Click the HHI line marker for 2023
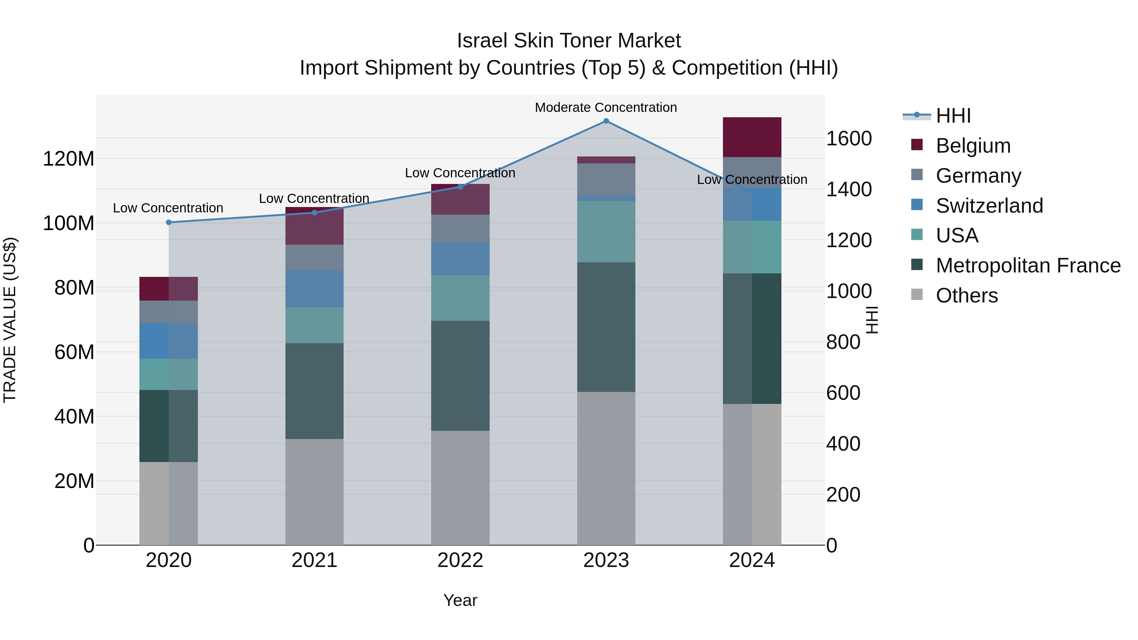[606, 121]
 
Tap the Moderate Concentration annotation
[606, 107]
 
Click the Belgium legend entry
[972, 146]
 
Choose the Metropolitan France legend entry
[1028, 265]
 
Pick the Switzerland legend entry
[989, 206]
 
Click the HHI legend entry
[953, 116]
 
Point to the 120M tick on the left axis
[69, 159]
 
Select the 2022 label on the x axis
[460, 560]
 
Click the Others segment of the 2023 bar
[606, 468]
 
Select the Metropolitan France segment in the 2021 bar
[314, 391]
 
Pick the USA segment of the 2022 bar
[460, 298]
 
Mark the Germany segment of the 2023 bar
[606, 179]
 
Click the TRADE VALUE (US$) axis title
[10, 320]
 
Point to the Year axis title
[460, 600]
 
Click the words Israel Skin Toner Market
[569, 41]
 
